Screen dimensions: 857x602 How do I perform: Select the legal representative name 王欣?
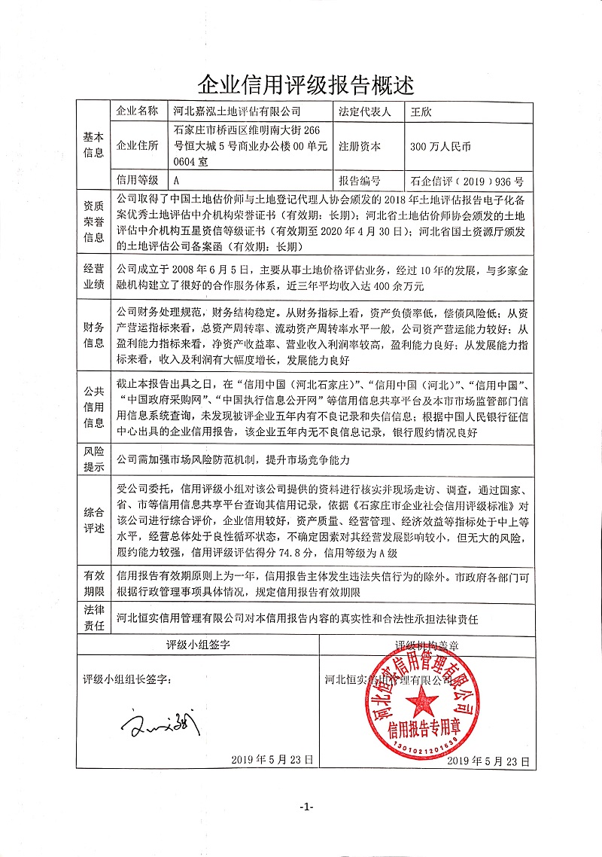418,111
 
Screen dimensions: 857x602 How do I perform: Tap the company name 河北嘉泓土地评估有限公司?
236,111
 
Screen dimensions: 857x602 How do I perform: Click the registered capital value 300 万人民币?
440,147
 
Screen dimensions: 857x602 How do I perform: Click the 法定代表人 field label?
365,111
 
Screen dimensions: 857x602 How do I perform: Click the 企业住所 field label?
138,147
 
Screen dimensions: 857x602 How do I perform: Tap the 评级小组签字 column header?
198,645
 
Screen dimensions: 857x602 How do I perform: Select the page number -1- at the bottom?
306,828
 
